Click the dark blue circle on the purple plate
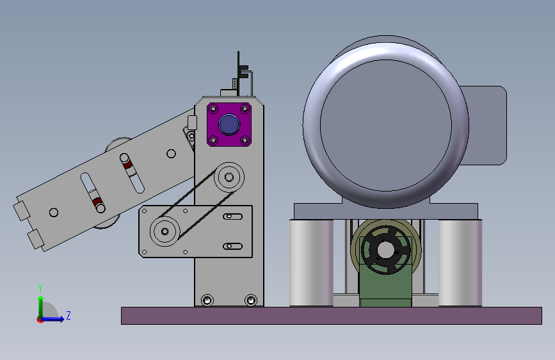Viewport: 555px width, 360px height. point(229,124)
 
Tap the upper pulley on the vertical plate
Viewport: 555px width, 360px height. point(229,177)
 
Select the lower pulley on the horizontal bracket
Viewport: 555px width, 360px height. point(165,231)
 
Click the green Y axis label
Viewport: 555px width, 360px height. point(40,288)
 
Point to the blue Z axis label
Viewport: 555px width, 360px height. point(68,315)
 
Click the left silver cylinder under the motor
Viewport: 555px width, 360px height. point(312,263)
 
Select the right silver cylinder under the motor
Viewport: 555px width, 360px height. point(460,263)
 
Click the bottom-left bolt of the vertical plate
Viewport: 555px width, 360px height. point(207,300)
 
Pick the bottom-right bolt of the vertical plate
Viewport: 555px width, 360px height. point(251,300)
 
